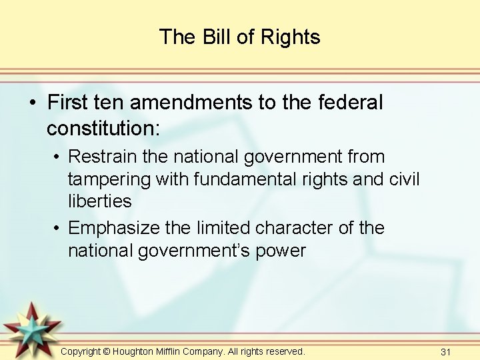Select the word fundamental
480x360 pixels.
coord(235,179)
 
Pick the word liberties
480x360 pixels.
coord(99,201)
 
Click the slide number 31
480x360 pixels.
coord(447,351)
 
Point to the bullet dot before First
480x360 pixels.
coord(32,103)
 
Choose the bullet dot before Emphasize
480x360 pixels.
coord(59,229)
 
